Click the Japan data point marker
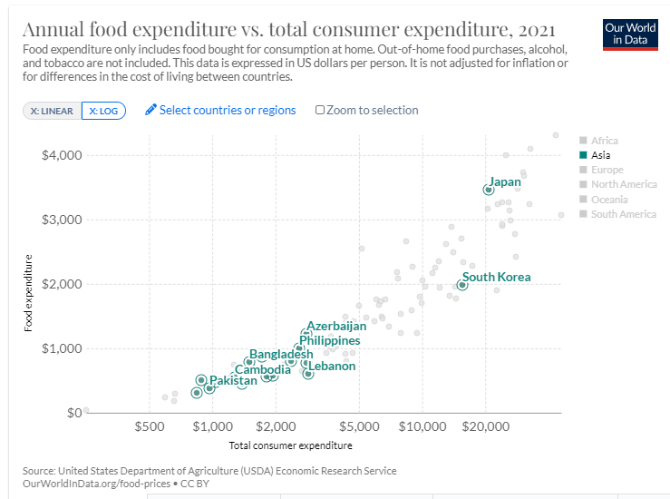click(488, 190)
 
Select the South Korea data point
click(461, 285)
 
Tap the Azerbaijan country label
click(336, 326)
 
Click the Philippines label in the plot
click(329, 340)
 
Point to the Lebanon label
click(332, 367)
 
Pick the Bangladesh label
click(281, 354)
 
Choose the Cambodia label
click(264, 369)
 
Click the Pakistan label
click(233, 381)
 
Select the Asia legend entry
click(600, 155)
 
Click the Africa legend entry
click(604, 141)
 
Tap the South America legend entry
click(623, 214)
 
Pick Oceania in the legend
click(608, 200)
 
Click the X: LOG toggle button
click(103, 111)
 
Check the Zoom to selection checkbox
click(320, 111)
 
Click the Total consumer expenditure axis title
click(290, 445)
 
